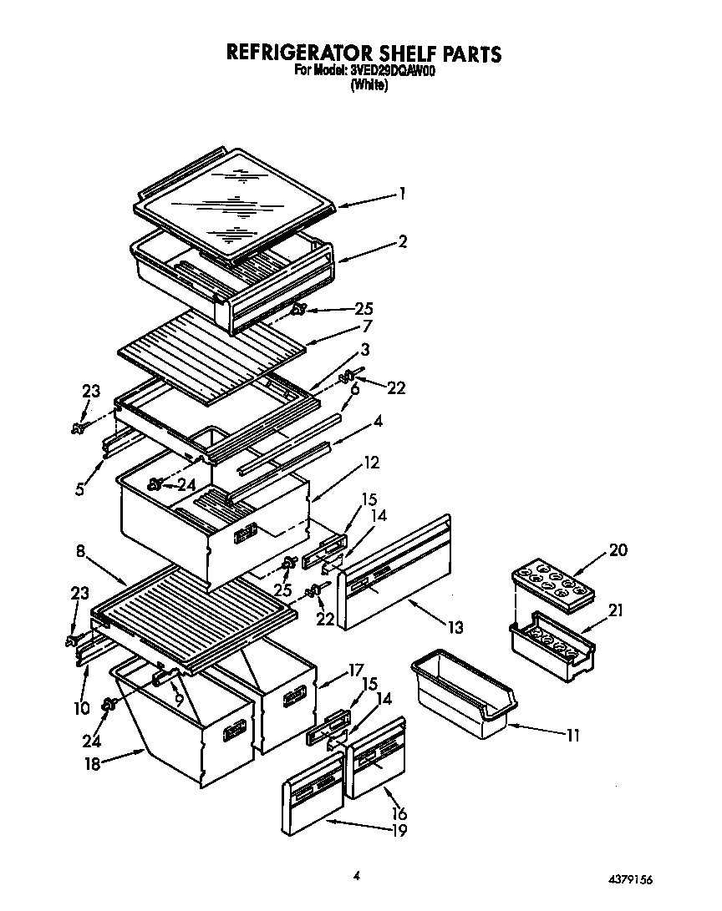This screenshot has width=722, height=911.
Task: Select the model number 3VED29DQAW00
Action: click(x=388, y=71)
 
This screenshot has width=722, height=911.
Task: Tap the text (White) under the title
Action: click(x=369, y=85)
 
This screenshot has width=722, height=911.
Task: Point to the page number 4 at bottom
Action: click(x=357, y=875)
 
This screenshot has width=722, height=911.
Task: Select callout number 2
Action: click(x=402, y=241)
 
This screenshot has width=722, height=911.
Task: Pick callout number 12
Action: click(x=371, y=461)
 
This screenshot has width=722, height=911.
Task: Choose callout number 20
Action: click(x=618, y=549)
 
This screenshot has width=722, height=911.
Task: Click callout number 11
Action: click(x=572, y=735)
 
